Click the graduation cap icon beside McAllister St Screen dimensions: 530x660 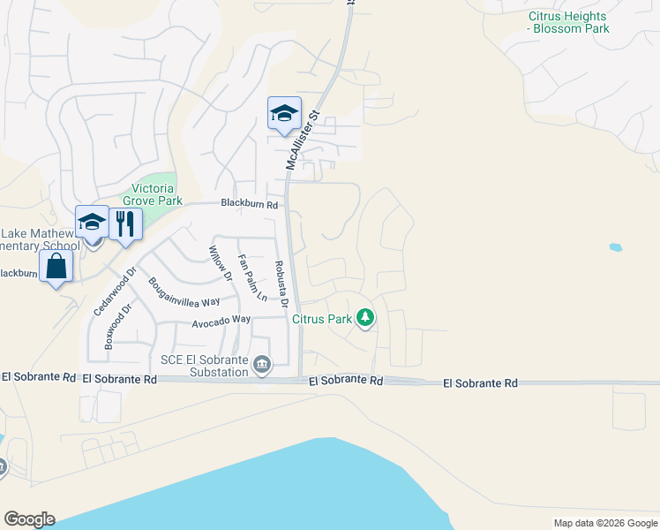tap(284, 114)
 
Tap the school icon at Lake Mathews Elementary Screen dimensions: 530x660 tap(92, 223)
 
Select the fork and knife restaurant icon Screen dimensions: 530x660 tap(125, 223)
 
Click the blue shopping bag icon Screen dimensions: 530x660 tap(56, 266)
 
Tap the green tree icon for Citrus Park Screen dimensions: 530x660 tap(364, 318)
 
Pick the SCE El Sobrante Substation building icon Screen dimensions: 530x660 tap(261, 365)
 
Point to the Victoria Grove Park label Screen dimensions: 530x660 tap(152, 194)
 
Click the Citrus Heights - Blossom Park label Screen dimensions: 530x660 tap(568, 22)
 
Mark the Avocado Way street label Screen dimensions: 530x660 tap(210, 320)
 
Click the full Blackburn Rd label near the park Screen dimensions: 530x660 tap(250, 205)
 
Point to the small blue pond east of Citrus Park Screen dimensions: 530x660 tap(615, 248)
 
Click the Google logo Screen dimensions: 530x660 tap(29, 519)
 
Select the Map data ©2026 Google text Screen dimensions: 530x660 tap(604, 523)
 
